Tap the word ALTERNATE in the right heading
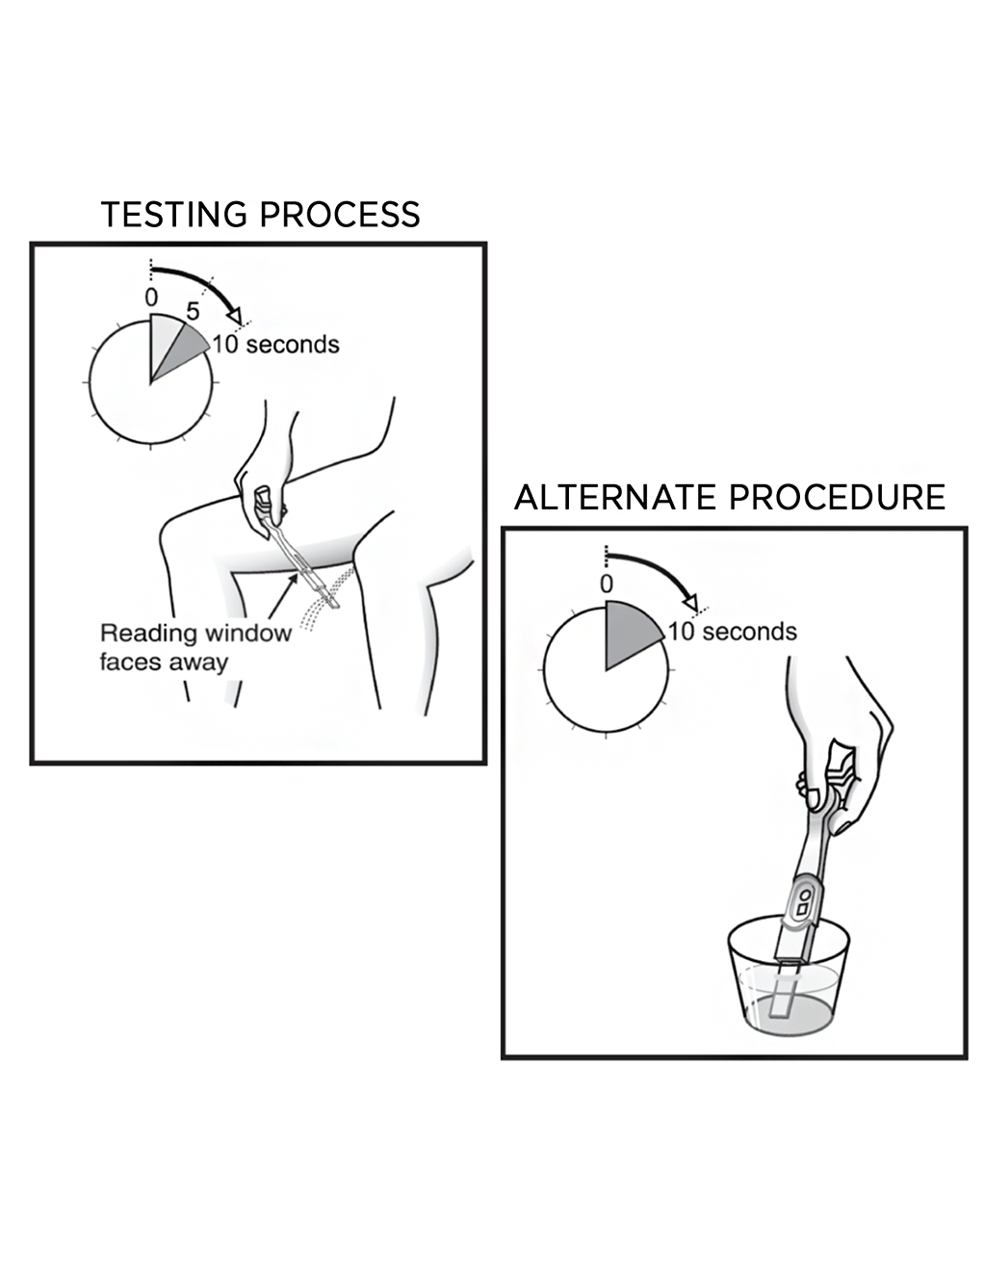click(615, 498)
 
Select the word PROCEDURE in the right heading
click(837, 498)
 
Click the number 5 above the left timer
click(193, 311)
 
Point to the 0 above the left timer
click(151, 298)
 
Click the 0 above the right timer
click(606, 584)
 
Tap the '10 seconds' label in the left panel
click(275, 345)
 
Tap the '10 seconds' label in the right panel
click(733, 632)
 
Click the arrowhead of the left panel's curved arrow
click(234, 315)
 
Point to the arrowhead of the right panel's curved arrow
click(689, 602)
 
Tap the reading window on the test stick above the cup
click(802, 903)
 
